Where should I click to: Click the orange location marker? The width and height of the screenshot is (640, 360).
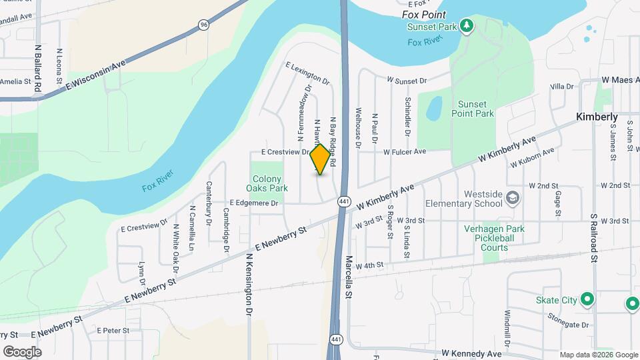pyautogui.click(x=321, y=160)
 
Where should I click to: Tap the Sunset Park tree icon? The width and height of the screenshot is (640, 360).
pyautogui.click(x=468, y=26)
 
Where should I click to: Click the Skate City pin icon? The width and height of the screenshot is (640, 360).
pyautogui.click(x=587, y=299)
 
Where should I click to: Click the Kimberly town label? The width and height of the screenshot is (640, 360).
pyautogui.click(x=597, y=117)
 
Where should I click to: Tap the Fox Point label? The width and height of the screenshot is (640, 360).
pyautogui.click(x=424, y=14)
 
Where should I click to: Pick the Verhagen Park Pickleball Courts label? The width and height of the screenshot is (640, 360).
pyautogui.click(x=495, y=237)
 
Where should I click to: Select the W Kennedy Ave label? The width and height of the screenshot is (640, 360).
pyautogui.click(x=471, y=353)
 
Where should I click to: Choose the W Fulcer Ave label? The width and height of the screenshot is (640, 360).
pyautogui.click(x=404, y=152)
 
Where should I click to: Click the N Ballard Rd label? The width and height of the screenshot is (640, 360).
pyautogui.click(x=39, y=68)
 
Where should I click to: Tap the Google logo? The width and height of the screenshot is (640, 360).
pyautogui.click(x=22, y=351)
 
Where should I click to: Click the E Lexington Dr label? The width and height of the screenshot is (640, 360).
pyautogui.click(x=307, y=73)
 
